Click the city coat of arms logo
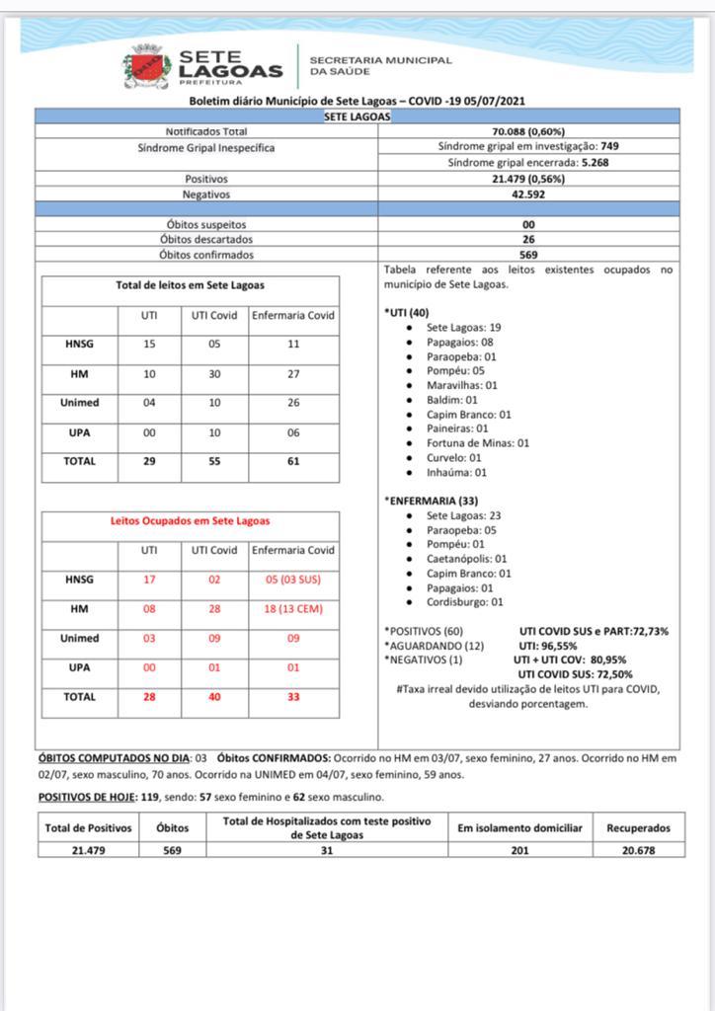click(146, 66)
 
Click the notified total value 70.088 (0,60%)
click(527, 131)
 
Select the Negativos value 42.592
click(527, 194)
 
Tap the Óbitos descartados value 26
click(528, 239)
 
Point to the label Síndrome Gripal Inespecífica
click(206, 147)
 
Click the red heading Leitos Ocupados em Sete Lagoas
click(190, 520)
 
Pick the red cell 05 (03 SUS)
click(292, 580)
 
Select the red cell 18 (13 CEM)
click(292, 609)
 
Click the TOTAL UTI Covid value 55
click(214, 461)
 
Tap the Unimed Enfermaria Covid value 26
click(292, 402)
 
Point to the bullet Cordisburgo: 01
click(464, 602)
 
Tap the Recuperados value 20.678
click(638, 850)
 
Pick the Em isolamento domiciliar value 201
click(519, 850)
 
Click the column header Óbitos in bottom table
click(172, 828)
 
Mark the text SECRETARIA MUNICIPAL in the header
click(380, 60)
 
